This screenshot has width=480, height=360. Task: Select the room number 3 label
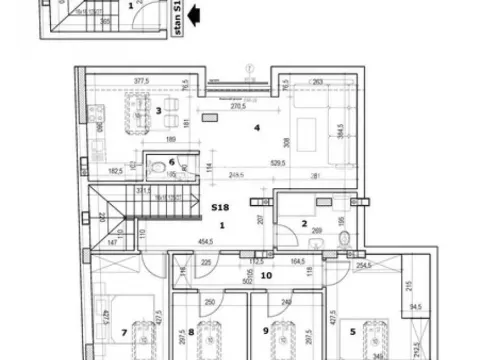click(158, 112)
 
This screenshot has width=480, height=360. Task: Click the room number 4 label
click(257, 127)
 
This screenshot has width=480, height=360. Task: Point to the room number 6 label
click(171, 162)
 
